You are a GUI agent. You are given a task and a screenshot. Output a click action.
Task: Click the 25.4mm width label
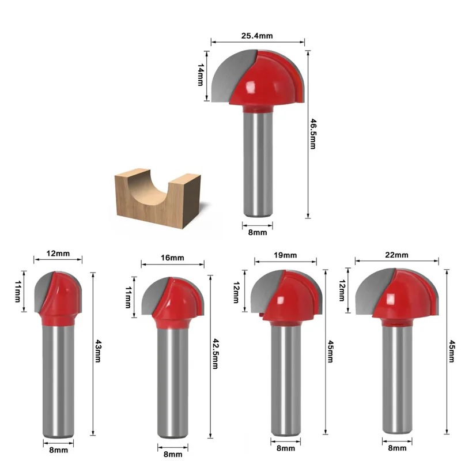pos(257,36)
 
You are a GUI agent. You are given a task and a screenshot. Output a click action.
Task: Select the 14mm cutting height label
pos(201,75)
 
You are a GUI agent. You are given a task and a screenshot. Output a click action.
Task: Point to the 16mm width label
pos(172,257)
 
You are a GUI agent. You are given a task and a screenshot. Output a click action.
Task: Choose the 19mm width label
pos(286,255)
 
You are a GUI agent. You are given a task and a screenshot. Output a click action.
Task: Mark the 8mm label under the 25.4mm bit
pos(257,232)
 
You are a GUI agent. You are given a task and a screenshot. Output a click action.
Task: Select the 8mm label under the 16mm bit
pos(172,454)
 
